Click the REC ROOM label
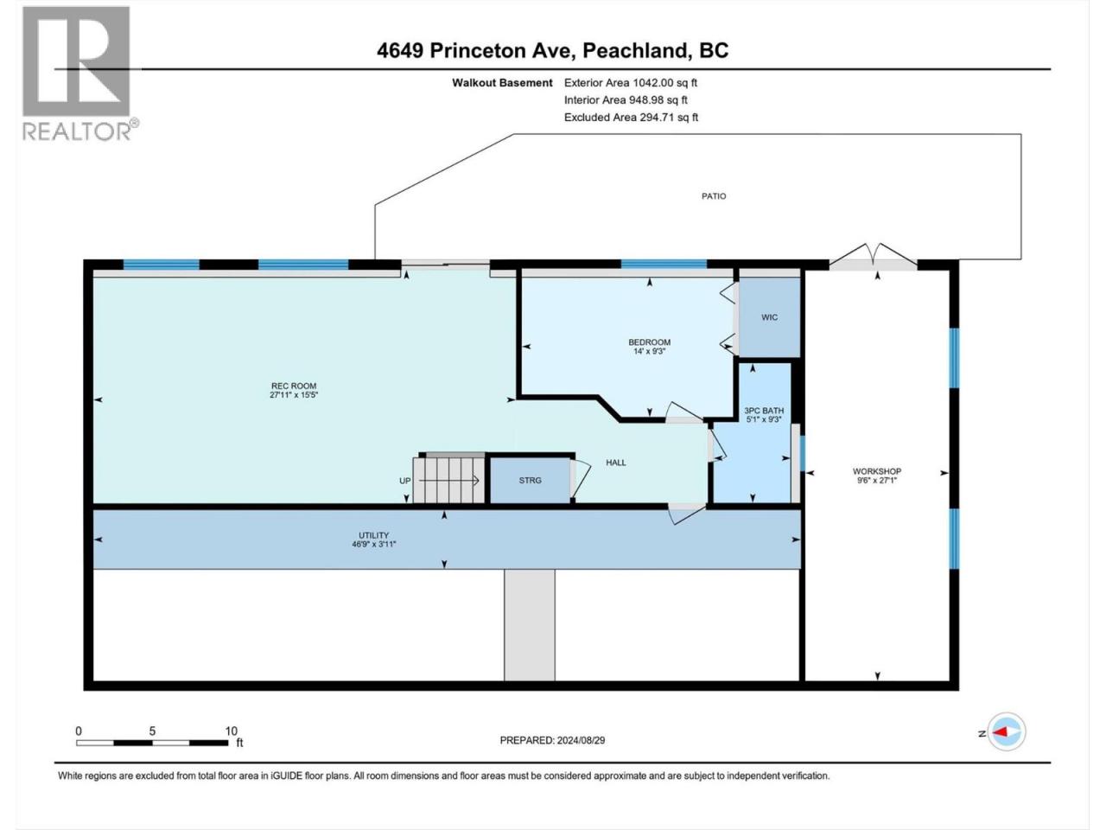tap(294, 386)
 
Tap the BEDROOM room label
tap(649, 342)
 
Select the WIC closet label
tap(769, 317)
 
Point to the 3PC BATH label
tap(764, 411)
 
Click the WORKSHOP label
tap(877, 471)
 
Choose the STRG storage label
tap(530, 480)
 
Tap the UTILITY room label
tap(374, 535)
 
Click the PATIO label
tap(714, 196)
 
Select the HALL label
tap(616, 462)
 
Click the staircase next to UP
tap(448, 480)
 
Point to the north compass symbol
tap(1006, 732)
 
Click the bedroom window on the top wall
tap(664, 264)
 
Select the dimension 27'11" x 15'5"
tap(294, 395)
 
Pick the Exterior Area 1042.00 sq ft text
tap(631, 83)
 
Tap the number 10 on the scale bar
tap(231, 731)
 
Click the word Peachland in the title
tap(639, 50)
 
